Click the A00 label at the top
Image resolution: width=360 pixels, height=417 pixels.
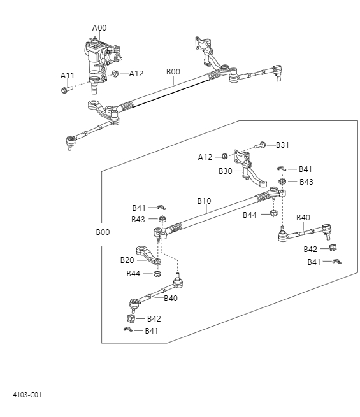tap(99, 28)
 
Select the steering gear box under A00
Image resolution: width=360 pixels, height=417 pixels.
tap(101, 57)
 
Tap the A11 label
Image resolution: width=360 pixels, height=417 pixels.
tap(68, 76)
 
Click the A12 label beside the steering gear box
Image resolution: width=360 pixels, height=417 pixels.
tap(136, 74)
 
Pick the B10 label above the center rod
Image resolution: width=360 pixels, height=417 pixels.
tap(204, 201)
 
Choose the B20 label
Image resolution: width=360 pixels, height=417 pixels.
tap(127, 260)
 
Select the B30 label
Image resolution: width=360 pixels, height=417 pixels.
tap(226, 171)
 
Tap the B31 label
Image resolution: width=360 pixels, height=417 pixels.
tap(283, 145)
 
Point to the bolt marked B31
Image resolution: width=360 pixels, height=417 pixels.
tap(261, 145)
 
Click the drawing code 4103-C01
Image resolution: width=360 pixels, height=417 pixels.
tap(27, 395)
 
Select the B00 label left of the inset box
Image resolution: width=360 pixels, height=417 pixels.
tap(103, 232)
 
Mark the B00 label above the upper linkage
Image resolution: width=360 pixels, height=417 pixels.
tap(173, 72)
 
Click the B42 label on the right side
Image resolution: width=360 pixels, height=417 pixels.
tap(311, 249)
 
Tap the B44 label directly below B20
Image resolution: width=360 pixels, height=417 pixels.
tap(133, 273)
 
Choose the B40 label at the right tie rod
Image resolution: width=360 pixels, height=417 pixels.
tap(303, 217)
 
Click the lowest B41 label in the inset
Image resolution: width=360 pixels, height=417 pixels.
tap(152, 330)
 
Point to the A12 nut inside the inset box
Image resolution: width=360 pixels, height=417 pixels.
tap(224, 157)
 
